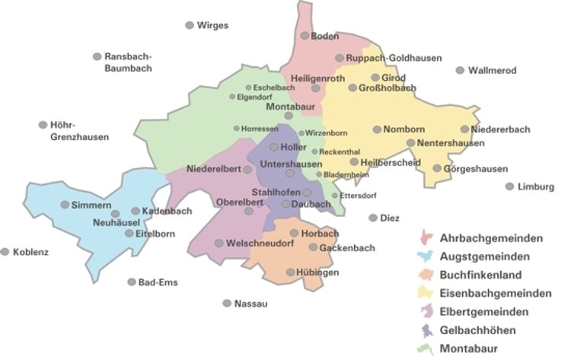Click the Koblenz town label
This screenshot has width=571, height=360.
(x=30, y=252)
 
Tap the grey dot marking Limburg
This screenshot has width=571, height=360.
(x=509, y=186)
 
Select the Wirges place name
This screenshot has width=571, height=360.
(x=212, y=25)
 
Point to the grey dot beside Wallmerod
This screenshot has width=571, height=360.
(x=460, y=71)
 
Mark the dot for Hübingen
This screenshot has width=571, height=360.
(x=290, y=272)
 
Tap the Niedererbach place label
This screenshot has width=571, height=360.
(x=501, y=129)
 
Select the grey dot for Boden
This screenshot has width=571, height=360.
(x=305, y=36)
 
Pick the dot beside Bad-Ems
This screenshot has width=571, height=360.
(x=131, y=282)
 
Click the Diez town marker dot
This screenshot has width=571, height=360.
(x=372, y=218)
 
